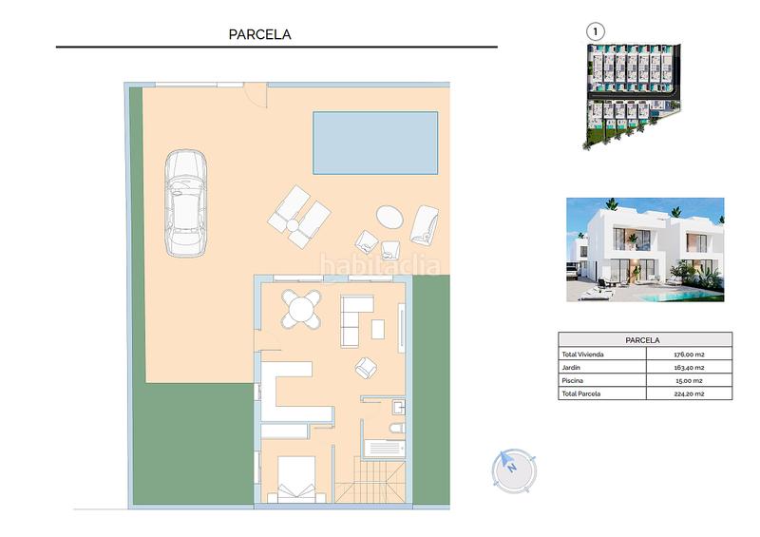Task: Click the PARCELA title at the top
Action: click(259, 34)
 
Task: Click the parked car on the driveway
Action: click(187, 202)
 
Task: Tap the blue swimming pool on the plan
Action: click(375, 143)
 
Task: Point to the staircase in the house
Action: click(374, 480)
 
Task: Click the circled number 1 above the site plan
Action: click(596, 30)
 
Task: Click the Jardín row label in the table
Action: click(571, 367)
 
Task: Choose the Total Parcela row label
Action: click(581, 393)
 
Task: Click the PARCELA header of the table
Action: click(645, 339)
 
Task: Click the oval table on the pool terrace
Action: click(389, 217)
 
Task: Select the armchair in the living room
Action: click(367, 366)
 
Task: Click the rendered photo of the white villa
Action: click(645, 250)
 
